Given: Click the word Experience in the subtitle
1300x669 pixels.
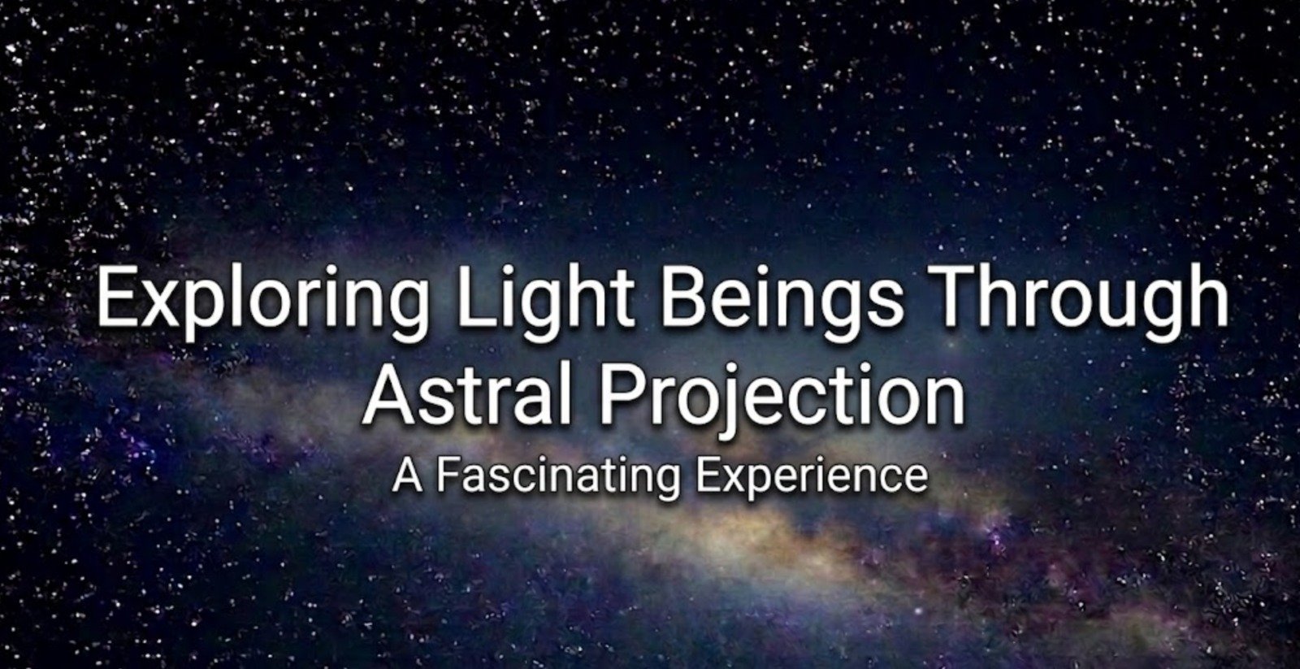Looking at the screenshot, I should click(x=812, y=476).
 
